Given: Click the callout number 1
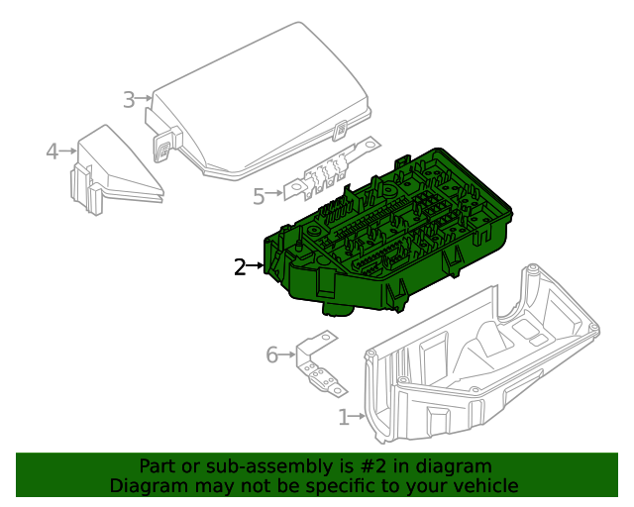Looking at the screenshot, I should point(344,418).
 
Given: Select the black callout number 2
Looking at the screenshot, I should point(240,266).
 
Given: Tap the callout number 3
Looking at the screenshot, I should point(129,99).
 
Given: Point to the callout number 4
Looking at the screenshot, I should point(52,152).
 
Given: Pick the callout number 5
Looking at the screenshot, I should point(259,197).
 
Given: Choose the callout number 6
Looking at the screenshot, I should point(272,355).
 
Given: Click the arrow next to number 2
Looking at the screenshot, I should point(258,265).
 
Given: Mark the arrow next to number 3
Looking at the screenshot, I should point(146,98).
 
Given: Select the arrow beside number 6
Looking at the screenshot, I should point(289,354).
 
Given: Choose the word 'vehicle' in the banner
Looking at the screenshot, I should point(485,485).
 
